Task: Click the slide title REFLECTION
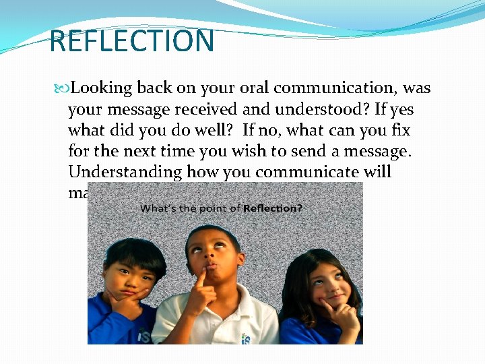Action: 132,40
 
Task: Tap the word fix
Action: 401,129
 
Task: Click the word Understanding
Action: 125,171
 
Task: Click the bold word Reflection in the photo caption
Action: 272,208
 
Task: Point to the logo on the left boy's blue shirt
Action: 141,335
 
